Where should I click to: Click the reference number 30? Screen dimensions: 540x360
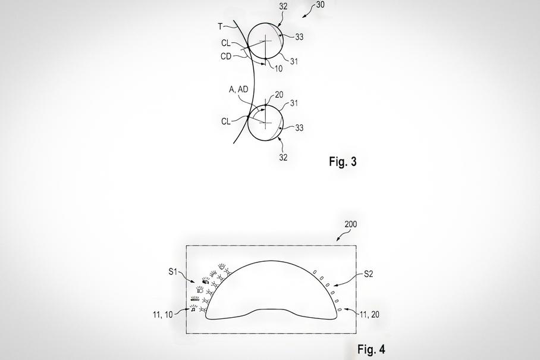320,5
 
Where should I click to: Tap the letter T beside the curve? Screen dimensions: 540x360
221,26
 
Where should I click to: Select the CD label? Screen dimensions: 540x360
226,56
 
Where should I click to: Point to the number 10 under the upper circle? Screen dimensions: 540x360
278,68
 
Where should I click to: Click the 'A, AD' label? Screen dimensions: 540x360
238,89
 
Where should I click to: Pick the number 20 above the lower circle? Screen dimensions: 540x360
279,95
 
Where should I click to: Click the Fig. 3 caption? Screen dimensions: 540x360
343,161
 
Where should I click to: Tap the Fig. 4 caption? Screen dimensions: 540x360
371,349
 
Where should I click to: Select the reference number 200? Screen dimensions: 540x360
351,224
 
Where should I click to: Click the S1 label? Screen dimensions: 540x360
172,272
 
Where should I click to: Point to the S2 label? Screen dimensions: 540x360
369,274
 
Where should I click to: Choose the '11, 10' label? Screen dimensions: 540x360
163,315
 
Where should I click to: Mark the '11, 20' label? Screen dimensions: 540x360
369,314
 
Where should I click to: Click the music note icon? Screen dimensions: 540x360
193,309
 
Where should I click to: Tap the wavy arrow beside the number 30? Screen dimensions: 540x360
309,11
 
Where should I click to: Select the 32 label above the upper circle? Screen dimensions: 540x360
284,7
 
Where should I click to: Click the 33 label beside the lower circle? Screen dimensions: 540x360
299,128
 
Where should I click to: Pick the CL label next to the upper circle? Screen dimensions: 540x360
226,43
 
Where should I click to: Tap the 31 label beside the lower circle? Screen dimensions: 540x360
294,103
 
